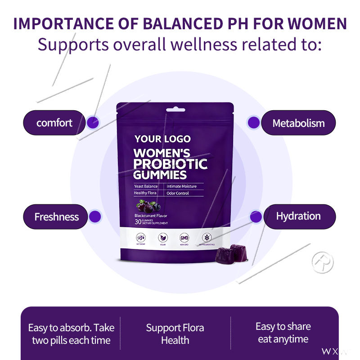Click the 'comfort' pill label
pos(54,122)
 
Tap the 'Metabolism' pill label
pos(298,123)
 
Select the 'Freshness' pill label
pos(56,216)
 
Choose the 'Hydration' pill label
pos(298,216)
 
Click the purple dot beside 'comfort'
pos(93,121)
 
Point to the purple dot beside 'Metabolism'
pos(254,122)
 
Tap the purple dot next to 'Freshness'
pos(95,216)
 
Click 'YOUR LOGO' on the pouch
pos(162,139)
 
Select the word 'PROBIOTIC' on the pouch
pos(170,164)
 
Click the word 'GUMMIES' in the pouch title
pos(160,175)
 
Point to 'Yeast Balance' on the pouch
pos(146,186)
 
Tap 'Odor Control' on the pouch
pos(178,193)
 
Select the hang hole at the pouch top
pos(175,109)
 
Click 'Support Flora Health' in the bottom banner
pos(175,333)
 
